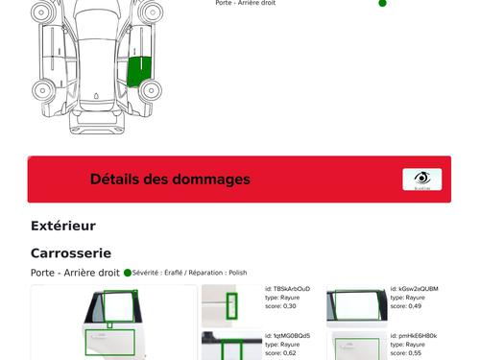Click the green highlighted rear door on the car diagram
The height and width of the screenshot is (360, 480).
point(139,72)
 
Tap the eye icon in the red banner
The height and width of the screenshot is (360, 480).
point(422,179)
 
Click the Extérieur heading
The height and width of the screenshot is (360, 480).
point(63,226)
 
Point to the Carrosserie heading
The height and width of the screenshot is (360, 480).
point(71,253)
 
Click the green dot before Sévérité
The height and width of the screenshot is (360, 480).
point(128,273)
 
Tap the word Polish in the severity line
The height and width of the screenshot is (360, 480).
point(238,273)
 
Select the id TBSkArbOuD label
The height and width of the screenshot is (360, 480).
point(287,289)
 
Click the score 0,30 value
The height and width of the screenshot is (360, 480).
point(280,306)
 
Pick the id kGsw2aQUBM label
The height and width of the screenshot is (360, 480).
point(414,289)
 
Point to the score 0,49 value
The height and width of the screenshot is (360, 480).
point(406,306)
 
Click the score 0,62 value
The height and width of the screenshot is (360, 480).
point(280,353)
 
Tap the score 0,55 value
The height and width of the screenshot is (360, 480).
point(406,353)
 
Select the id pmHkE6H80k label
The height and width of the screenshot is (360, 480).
point(414,336)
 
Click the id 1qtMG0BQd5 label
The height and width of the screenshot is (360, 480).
point(287,336)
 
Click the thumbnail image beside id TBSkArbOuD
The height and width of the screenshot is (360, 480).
point(231,306)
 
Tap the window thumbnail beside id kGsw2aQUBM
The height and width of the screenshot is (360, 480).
point(357,306)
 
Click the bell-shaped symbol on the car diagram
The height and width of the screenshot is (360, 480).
point(96,96)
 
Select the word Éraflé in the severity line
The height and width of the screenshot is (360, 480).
point(173,273)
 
